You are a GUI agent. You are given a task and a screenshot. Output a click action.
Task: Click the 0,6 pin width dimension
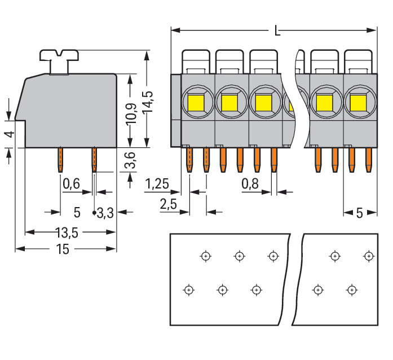pos(71,183)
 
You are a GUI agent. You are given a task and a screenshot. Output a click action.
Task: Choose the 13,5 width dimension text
pos(67,232)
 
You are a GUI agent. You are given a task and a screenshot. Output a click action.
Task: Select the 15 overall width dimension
pos(63,249)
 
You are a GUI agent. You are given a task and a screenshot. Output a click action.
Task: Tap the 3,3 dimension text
pos(105,213)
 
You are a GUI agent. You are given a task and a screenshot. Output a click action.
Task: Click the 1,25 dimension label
pos(157,183)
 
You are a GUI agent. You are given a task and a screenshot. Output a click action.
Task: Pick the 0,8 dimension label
pos(250,183)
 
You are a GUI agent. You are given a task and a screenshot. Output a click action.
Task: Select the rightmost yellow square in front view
pos(357,103)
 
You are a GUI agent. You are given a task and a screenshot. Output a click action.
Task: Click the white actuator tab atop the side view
pos(59,56)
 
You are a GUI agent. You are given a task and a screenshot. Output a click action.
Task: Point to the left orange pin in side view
pos(59,160)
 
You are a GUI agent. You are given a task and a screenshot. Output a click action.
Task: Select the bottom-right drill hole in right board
pos(352,289)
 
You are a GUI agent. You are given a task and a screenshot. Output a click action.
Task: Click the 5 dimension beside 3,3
pos(77,213)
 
